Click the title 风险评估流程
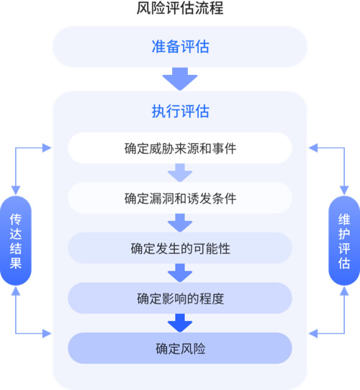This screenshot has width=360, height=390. point(180,8)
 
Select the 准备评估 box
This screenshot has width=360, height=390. point(180,47)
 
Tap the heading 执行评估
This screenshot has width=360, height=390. point(181,111)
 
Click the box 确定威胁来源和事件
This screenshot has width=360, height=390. point(180,148)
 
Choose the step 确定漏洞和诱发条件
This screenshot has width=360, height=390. point(180,198)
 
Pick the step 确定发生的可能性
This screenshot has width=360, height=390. point(180,248)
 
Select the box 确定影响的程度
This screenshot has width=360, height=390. point(180,298)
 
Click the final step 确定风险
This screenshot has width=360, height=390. point(180,348)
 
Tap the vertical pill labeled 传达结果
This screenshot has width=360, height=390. point(16,240)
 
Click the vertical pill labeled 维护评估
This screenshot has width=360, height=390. point(344,240)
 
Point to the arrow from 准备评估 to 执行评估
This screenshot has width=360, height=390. point(180,79)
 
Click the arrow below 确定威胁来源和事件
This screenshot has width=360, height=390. point(180,173)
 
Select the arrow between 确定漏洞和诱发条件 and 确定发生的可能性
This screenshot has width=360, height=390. point(180,223)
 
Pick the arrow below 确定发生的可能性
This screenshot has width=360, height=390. point(180,273)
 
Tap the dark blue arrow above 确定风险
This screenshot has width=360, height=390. point(180,323)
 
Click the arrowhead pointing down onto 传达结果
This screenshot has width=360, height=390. point(16,190)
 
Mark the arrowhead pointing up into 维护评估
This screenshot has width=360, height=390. point(344,291)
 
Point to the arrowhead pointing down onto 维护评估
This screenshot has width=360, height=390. point(344,190)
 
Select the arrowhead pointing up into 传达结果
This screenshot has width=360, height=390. point(16,291)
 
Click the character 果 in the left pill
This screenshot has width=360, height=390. point(16,263)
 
